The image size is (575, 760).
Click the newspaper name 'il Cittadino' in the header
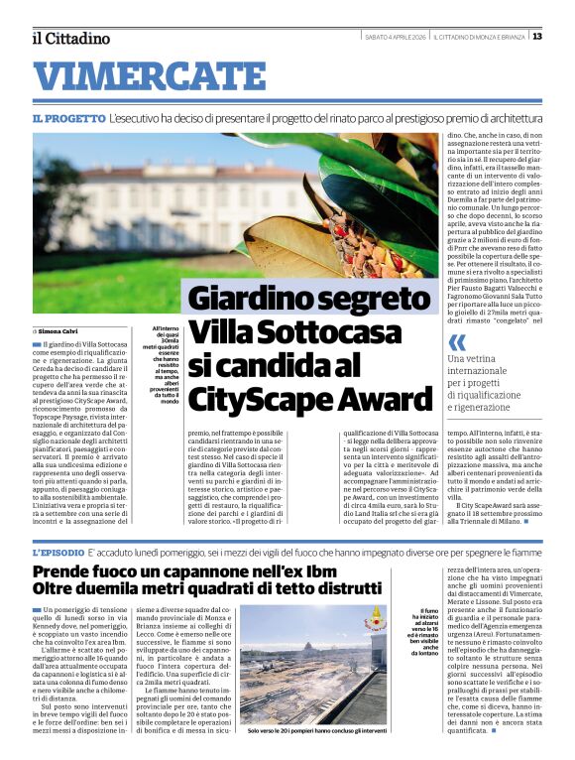tap(70, 39)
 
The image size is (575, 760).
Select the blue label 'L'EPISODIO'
tap(57, 552)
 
